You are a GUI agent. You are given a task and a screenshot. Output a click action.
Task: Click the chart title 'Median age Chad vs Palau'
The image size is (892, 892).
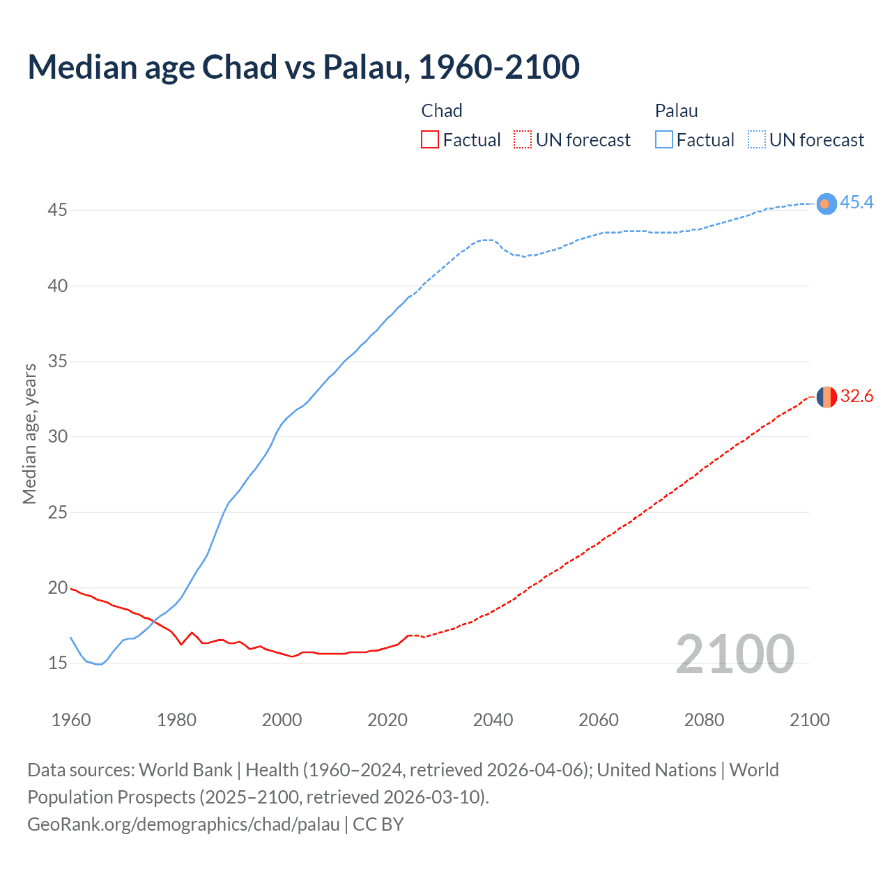303,67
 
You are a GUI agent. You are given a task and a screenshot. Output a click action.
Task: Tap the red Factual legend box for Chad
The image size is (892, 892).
430,140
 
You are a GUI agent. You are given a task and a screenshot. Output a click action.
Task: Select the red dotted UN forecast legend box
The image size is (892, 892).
523,140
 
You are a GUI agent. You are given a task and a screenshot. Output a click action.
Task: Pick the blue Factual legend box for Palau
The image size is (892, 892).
663,140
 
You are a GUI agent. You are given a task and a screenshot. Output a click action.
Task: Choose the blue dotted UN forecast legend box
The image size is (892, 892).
756,140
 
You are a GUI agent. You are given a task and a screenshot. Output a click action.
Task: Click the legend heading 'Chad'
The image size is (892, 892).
442,111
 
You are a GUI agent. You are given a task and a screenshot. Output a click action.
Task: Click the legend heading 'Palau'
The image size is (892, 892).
676,111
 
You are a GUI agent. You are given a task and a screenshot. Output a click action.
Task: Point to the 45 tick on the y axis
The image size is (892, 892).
57,210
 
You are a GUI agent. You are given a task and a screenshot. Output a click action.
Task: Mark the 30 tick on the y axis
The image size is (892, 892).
57,436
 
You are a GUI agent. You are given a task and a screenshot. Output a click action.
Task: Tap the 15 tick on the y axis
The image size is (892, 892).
57,663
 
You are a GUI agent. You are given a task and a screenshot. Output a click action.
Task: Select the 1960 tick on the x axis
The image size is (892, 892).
71,720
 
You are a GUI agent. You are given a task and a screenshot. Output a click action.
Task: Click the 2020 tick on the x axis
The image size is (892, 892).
387,720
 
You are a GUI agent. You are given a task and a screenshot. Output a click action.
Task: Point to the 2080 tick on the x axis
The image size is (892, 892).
704,720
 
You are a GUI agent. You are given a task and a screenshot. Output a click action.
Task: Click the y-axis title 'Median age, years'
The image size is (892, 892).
29,433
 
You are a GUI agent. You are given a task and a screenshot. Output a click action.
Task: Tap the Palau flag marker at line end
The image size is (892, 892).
826,203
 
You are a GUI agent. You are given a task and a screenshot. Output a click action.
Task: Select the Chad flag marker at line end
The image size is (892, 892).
826,397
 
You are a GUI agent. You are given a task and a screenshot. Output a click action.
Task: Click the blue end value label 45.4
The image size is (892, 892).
856,203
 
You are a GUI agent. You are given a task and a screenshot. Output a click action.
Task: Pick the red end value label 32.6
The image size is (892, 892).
856,397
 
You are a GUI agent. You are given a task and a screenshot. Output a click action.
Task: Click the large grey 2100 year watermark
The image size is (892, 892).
735,654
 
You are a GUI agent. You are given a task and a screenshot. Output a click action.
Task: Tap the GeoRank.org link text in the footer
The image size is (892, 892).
183,824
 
